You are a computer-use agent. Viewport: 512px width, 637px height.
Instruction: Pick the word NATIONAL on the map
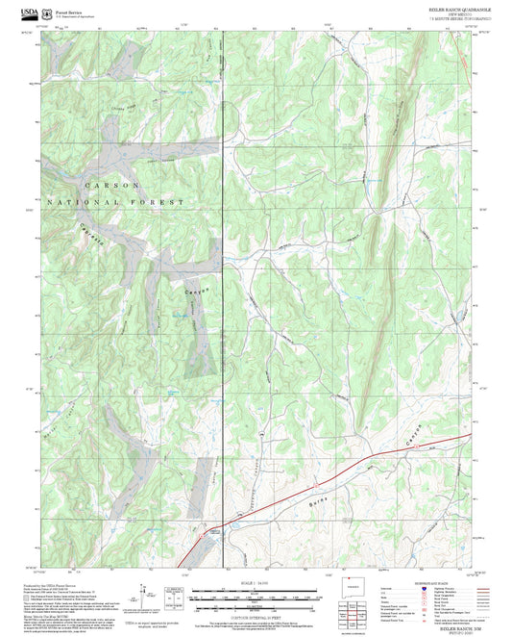[82, 204]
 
